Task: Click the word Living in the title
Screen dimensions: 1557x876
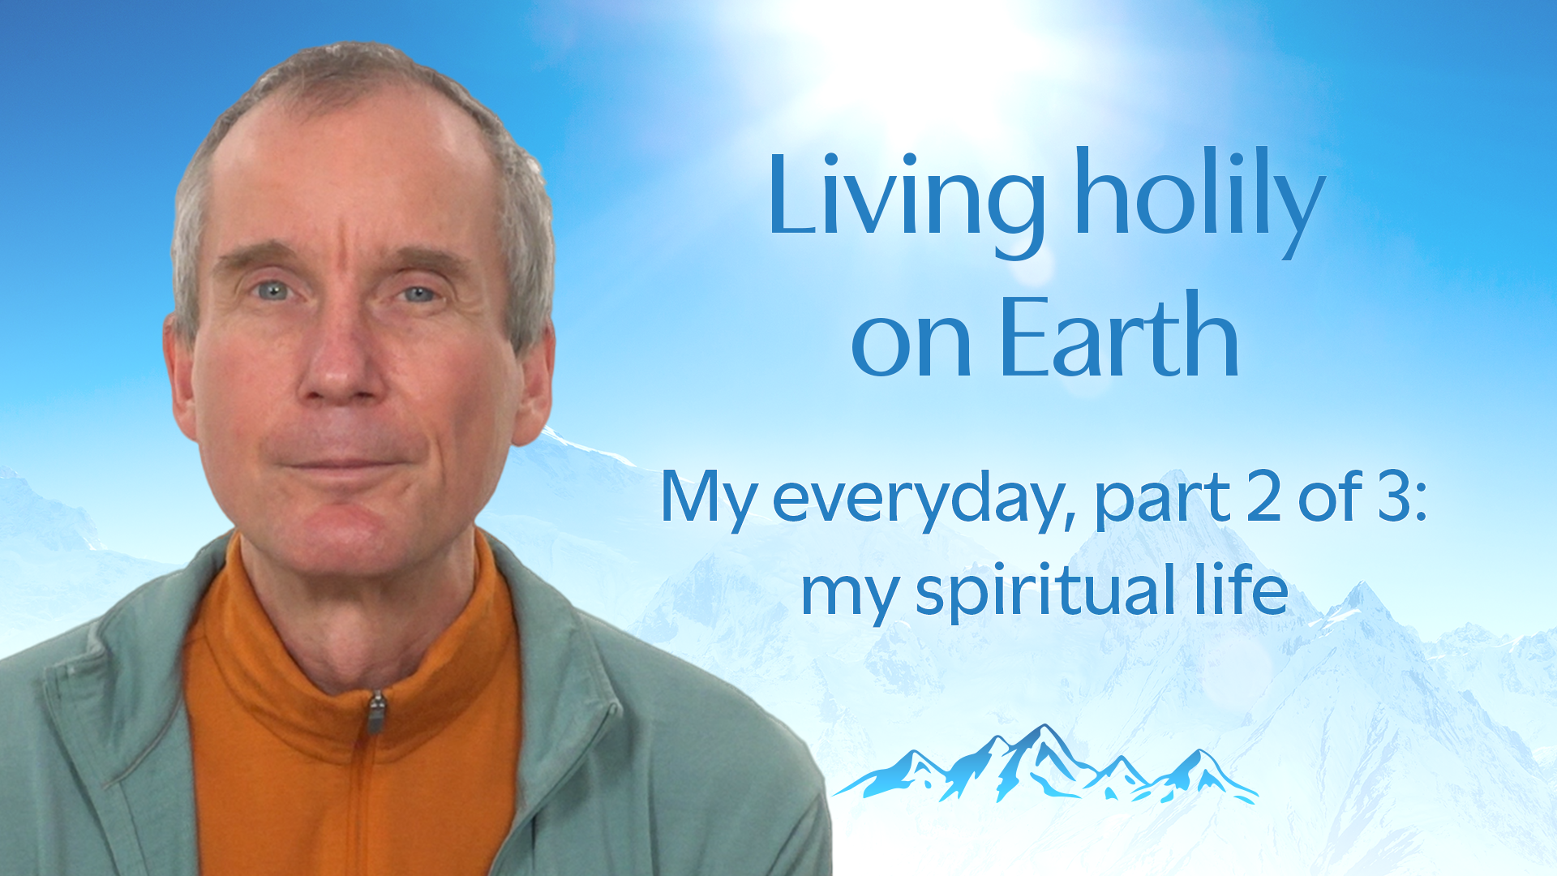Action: click(x=907, y=203)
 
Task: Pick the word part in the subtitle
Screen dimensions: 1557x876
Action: click(x=1163, y=501)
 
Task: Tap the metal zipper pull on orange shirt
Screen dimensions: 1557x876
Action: click(x=375, y=712)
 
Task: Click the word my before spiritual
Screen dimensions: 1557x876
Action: click(x=849, y=597)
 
